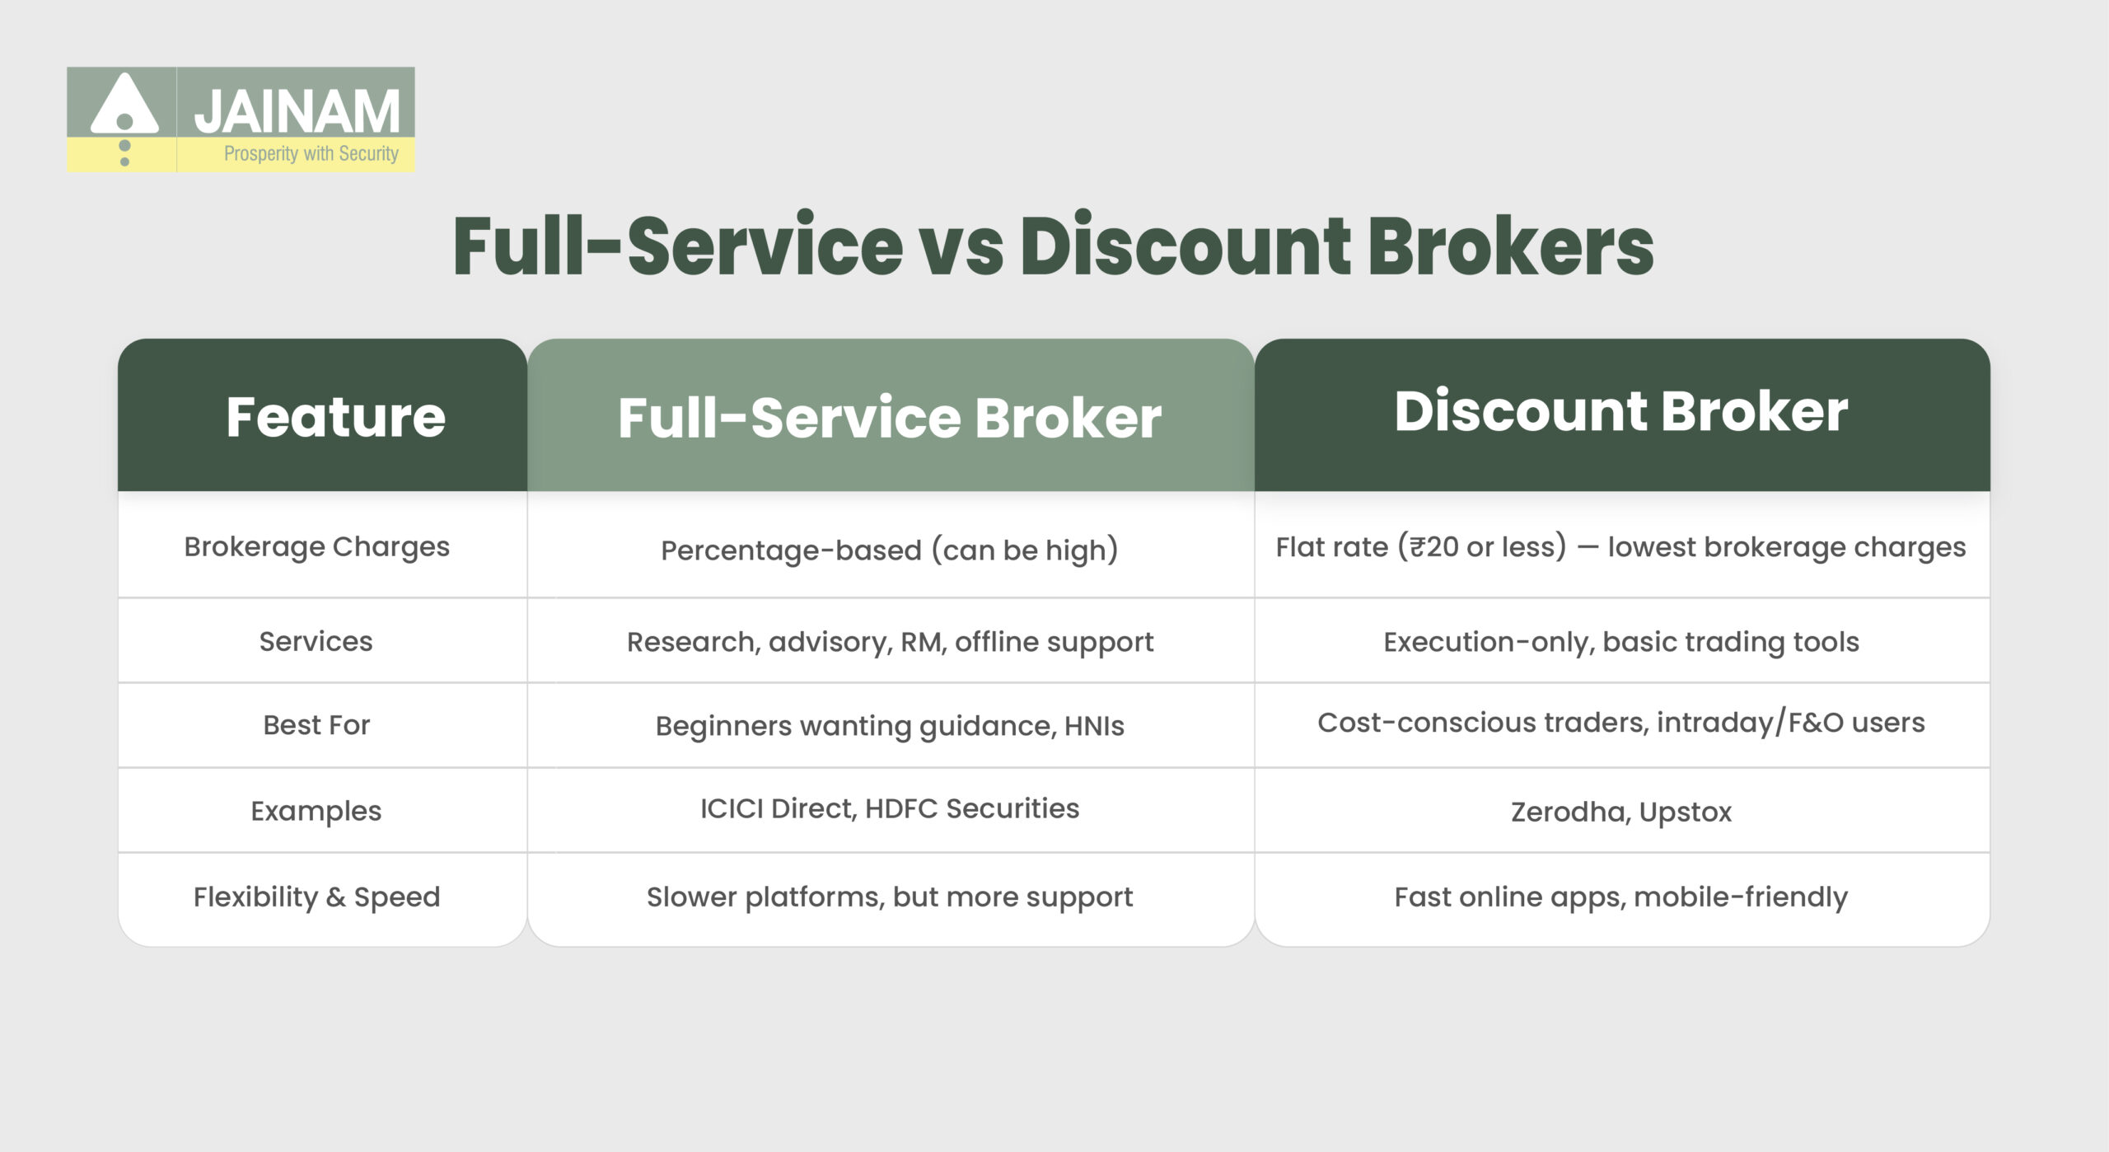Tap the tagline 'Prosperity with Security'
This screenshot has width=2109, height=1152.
click(311, 153)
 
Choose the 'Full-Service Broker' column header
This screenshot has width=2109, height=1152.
click(890, 417)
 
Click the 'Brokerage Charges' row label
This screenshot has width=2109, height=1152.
click(316, 547)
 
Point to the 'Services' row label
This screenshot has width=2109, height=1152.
click(316, 641)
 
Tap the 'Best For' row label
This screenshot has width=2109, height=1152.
click(316, 725)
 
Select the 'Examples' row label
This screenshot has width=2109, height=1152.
click(316, 811)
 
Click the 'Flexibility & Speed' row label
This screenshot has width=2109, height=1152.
click(316, 897)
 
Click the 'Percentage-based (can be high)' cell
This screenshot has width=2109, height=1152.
click(890, 550)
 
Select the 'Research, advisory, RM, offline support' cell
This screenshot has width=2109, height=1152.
click(890, 642)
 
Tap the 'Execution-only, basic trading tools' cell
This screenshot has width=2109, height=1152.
click(1620, 642)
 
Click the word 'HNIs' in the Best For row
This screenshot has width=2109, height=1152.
click(1094, 726)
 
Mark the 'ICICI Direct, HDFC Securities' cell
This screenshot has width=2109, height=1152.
click(890, 808)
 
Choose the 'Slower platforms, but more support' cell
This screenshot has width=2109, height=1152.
click(890, 897)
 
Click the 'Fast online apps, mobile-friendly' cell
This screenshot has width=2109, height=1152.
click(1620, 897)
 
